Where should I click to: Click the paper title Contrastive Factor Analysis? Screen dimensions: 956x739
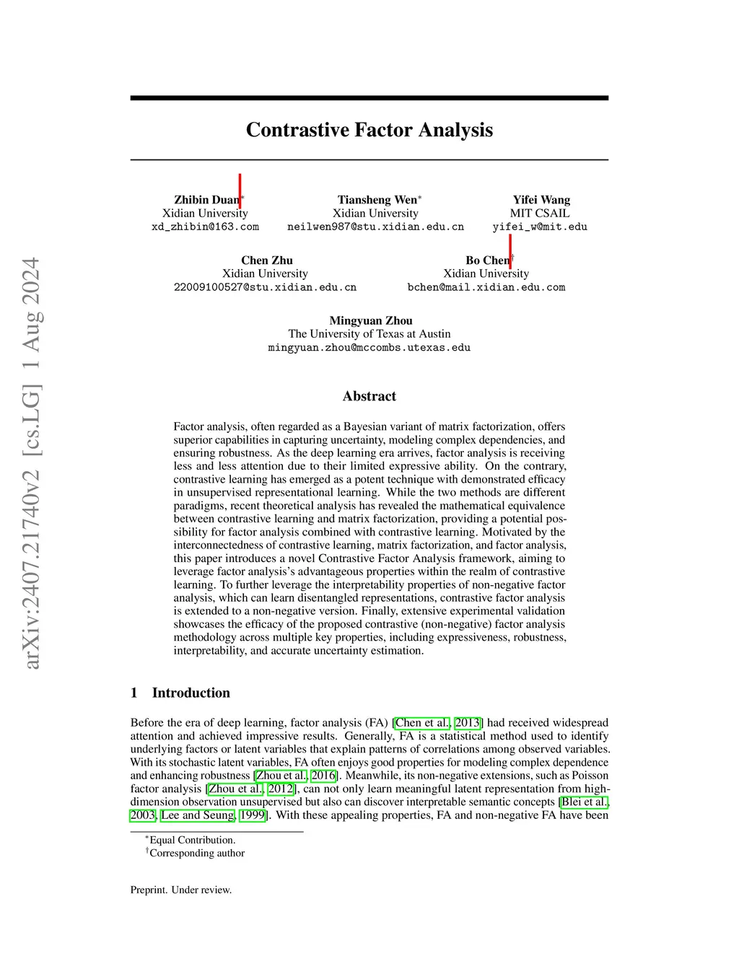tap(369, 130)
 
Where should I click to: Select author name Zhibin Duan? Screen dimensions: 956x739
tap(206, 200)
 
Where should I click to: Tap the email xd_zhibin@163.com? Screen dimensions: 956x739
tap(205, 227)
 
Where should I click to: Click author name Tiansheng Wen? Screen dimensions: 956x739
tap(377, 200)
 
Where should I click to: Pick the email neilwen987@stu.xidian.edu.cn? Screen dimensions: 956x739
tap(375, 227)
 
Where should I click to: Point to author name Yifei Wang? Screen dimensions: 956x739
tap(541, 200)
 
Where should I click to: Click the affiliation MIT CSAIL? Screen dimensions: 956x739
tap(540, 214)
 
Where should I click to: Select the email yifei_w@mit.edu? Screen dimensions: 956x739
tap(540, 227)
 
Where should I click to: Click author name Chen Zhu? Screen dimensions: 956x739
tap(267, 260)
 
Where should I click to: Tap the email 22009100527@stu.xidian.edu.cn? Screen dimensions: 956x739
tap(265, 287)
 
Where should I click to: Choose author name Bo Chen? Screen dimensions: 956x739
tap(487, 260)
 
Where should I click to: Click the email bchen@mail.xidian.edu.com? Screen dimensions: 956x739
tap(486, 287)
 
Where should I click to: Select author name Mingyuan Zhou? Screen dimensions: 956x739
tap(371, 321)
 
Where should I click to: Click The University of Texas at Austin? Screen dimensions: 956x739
tap(369, 334)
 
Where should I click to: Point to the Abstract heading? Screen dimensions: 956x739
tap(369, 396)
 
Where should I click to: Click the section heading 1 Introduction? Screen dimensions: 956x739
tap(180, 693)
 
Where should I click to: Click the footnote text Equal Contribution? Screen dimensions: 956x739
tap(192, 840)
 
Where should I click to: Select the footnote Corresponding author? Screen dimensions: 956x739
tap(197, 854)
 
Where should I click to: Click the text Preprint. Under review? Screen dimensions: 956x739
tap(181, 890)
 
